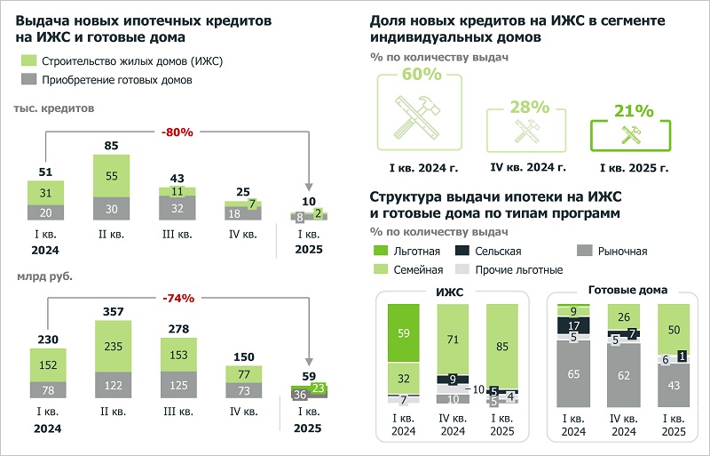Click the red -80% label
click(x=177, y=132)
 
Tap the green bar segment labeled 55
click(x=111, y=177)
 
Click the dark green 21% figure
click(x=635, y=111)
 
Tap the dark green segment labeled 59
click(x=404, y=332)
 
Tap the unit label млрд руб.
click(x=43, y=275)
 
